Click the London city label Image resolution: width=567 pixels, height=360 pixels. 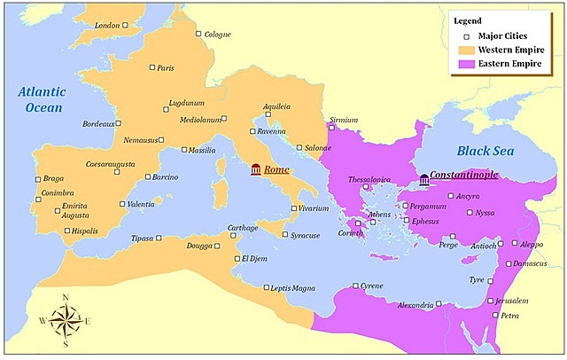(x=106, y=26)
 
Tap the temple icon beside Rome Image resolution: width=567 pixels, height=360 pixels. (x=256, y=169)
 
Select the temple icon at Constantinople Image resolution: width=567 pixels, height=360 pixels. (x=424, y=180)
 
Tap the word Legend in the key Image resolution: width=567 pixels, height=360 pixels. (x=468, y=20)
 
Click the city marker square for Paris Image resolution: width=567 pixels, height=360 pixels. (x=151, y=67)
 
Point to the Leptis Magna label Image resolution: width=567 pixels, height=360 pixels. (x=292, y=288)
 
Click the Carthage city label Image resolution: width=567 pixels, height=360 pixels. (x=242, y=228)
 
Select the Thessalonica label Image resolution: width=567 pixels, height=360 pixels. (x=369, y=178)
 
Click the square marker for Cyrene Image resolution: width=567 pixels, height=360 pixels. (x=356, y=286)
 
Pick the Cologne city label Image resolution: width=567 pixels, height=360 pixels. (x=217, y=35)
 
